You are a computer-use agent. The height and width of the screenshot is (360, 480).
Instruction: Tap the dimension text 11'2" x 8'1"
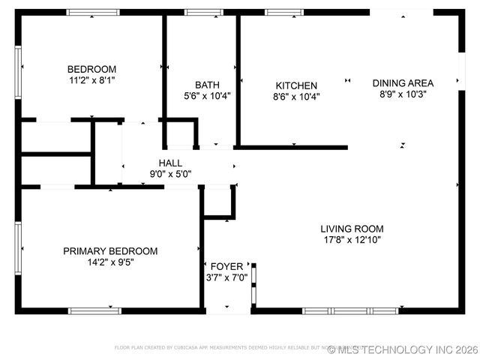pyautogui.click(x=92, y=79)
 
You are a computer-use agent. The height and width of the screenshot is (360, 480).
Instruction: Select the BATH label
pyautogui.click(x=207, y=85)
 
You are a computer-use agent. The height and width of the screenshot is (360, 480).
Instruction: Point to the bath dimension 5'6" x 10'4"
pyautogui.click(x=207, y=96)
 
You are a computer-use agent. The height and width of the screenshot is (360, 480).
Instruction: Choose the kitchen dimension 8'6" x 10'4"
pyautogui.click(x=296, y=97)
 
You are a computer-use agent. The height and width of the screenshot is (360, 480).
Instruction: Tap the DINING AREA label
pyautogui.click(x=400, y=83)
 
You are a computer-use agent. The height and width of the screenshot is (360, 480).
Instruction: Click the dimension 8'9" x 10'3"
pyautogui.click(x=400, y=94)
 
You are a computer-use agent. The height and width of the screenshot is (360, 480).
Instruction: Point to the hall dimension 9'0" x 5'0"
pyautogui.click(x=170, y=174)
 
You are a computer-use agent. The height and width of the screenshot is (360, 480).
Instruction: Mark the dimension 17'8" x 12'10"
pyautogui.click(x=352, y=240)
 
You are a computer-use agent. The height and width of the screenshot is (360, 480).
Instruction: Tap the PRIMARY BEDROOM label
pyautogui.click(x=110, y=251)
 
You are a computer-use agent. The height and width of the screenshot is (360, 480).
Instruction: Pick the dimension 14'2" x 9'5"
pyautogui.click(x=110, y=262)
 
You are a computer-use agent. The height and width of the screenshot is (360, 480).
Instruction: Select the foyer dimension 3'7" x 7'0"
pyautogui.click(x=226, y=277)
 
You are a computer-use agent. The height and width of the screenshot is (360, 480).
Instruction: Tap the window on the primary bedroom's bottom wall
pyautogui.click(x=94, y=310)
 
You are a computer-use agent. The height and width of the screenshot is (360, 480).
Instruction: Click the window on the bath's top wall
pyautogui.click(x=199, y=12)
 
